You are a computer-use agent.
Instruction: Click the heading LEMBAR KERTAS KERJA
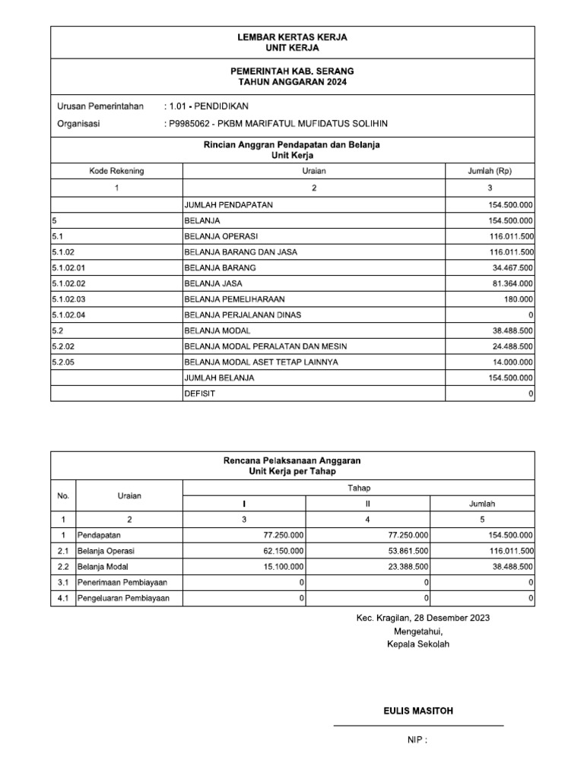click(293, 37)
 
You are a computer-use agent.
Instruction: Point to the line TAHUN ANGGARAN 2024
click(293, 81)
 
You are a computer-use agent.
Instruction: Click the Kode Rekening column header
click(116, 171)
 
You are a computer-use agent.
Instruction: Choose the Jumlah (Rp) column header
click(490, 171)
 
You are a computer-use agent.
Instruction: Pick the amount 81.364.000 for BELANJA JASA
click(511, 283)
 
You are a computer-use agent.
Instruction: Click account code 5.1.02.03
click(69, 299)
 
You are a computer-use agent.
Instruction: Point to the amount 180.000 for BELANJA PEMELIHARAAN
click(519, 299)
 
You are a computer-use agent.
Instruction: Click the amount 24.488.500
click(511, 346)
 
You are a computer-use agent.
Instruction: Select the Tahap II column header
click(368, 504)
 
